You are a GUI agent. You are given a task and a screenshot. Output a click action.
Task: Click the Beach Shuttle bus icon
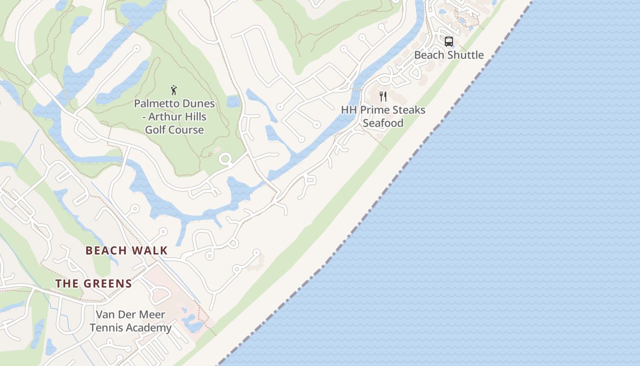click(x=449, y=42)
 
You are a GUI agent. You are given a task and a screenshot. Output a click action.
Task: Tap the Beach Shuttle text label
click(x=449, y=55)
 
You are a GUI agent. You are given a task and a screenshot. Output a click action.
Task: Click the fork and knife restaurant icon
click(x=383, y=97)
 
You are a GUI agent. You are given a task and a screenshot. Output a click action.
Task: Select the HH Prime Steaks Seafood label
click(x=383, y=117)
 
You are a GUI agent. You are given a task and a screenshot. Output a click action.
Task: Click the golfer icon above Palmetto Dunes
click(x=174, y=90)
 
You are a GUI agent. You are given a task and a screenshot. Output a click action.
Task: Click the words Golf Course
click(x=174, y=130)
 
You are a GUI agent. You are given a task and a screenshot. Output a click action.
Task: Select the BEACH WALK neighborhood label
click(x=127, y=251)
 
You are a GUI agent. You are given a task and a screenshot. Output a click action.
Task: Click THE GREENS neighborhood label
click(x=94, y=284)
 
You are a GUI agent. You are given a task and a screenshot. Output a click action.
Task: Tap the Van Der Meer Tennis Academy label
click(x=131, y=321)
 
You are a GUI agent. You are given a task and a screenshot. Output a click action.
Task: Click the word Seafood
click(x=383, y=123)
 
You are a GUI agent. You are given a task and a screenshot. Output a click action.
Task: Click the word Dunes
click(x=197, y=104)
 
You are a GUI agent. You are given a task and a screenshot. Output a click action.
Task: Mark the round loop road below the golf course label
click(x=225, y=160)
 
